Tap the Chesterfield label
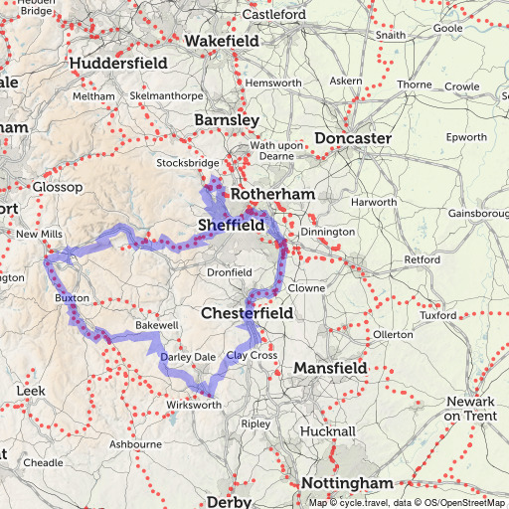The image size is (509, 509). tap(247, 312)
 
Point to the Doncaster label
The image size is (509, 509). tap(352, 138)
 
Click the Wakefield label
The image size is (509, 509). tap(222, 42)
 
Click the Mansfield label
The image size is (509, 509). tap(330, 369)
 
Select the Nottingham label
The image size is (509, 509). tap(346, 483)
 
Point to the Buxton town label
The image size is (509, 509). tap(73, 297)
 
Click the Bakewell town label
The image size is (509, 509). tap(156, 325)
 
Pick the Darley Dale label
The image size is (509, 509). tap(187, 356)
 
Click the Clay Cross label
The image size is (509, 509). tap(252, 355)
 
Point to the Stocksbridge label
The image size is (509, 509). tap(187, 162)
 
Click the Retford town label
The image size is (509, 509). tap(423, 259)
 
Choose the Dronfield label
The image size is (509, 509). tap(229, 272)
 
